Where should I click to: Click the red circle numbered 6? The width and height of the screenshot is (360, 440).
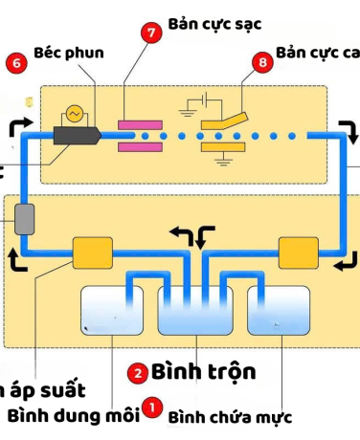coord(14,64)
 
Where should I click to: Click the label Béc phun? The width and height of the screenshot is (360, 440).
coord(69,52)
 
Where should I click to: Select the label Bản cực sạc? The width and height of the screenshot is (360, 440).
coord(214,21)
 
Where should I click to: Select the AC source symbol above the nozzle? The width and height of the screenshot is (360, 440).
coord(72,113)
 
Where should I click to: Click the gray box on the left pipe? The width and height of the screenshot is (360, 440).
coord(25,219)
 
